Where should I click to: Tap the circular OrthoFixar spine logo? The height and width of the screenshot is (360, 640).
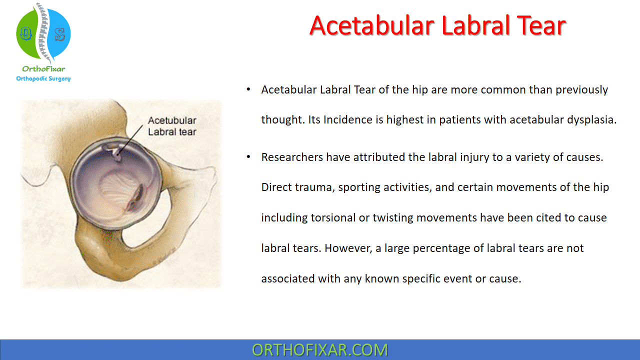[43, 33]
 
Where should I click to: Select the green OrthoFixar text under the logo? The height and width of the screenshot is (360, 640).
[43, 69]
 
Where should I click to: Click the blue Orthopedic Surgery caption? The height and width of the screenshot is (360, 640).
[43, 78]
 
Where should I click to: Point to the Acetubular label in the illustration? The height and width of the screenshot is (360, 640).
[172, 121]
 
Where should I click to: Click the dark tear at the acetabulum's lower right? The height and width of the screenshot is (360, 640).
[136, 196]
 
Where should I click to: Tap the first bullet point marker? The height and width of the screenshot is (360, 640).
[248, 90]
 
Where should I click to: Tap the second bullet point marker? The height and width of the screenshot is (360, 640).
[248, 157]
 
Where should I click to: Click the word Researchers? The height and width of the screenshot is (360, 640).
[291, 157]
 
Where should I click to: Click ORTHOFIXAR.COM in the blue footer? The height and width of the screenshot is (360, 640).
[320, 350]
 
